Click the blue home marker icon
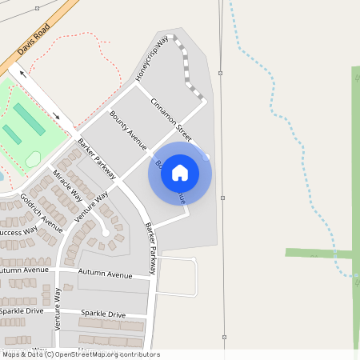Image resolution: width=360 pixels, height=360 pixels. point(180,173)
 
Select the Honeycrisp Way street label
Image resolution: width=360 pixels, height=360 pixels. point(152,58)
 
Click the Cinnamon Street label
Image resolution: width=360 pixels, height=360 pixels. point(171,117)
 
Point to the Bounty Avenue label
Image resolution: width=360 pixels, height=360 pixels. point(128,130)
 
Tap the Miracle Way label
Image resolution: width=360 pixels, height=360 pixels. point(68,184)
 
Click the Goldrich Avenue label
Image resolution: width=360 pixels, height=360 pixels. point(42,209)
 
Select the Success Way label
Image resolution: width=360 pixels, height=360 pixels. point(18,232)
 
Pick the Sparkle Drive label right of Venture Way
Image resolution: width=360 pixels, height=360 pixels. point(106,314)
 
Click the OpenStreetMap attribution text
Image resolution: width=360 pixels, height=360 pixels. point(80,354)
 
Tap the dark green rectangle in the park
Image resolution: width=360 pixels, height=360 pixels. point(29,118)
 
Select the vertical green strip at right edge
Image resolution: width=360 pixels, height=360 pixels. point(355,160)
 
